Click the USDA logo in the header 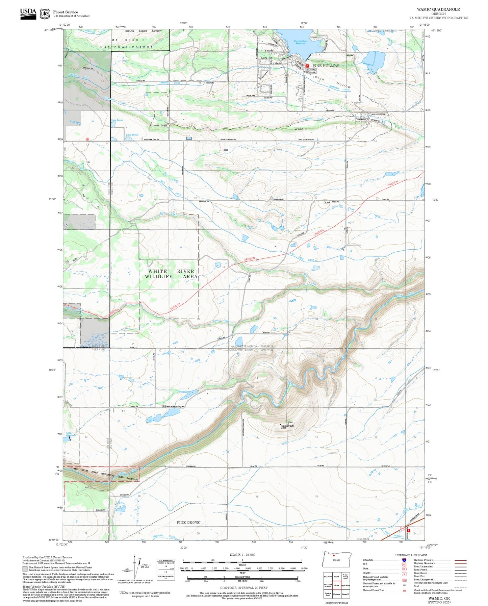tap(28, 13)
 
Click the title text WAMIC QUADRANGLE tap(438, 9)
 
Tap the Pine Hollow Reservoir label tap(300, 42)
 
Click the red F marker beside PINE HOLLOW tap(307, 66)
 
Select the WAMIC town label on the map tap(301, 129)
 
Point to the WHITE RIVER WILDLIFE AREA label tap(171, 274)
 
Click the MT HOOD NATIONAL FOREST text tap(127, 44)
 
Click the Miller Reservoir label tap(70, 434)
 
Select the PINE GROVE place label tap(188, 522)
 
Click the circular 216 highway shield tap(402, 528)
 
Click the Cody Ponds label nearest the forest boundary tap(117, 120)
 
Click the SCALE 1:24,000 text tap(242, 555)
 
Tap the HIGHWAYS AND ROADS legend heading tap(411, 555)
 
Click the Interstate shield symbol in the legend tap(404, 560)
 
